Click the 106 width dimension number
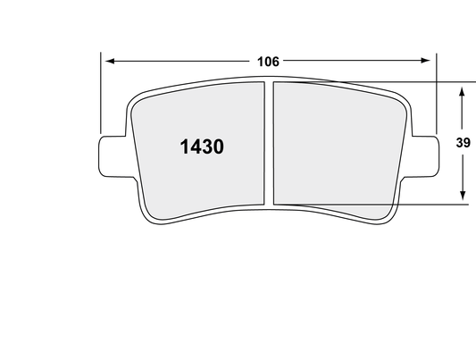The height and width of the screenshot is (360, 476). [x=268, y=62]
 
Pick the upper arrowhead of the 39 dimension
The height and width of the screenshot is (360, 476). [x=462, y=90]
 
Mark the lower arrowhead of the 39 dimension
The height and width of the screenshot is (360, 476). [x=462, y=197]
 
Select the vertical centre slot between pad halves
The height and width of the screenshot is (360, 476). [x=269, y=143]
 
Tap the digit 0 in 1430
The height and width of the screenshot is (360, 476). [x=216, y=147]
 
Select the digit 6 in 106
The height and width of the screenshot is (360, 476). [x=277, y=62]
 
